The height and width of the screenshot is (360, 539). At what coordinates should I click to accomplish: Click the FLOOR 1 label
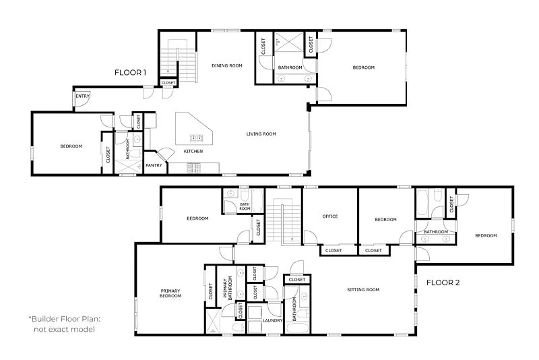[x=130, y=73]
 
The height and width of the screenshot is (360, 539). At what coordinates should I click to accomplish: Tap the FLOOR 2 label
[x=443, y=282]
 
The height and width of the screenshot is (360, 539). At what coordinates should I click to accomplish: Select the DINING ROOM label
[x=227, y=65]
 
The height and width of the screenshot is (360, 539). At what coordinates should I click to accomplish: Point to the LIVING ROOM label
[x=261, y=133]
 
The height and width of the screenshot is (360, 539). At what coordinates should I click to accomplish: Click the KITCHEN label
[x=193, y=151]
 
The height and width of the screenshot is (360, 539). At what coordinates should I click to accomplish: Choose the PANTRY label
[x=154, y=165]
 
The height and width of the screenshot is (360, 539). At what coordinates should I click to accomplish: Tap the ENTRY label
[x=82, y=96]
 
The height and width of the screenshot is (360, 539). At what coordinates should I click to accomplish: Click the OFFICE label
[x=330, y=216]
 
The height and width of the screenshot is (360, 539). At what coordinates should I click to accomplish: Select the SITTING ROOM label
[x=363, y=290]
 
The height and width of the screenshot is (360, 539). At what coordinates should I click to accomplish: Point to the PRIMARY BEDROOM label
[x=170, y=293]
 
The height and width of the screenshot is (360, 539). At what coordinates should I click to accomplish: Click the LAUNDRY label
[x=273, y=320]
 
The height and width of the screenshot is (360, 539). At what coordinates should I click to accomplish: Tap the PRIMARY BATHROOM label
[x=228, y=287]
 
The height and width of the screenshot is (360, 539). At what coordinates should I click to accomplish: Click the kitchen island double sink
[x=197, y=138]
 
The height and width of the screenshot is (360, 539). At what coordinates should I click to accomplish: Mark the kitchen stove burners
[x=194, y=168]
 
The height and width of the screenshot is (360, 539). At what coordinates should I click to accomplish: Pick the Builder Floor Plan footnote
[x=64, y=324]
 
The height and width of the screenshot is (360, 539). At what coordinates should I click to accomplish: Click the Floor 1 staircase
[x=179, y=61]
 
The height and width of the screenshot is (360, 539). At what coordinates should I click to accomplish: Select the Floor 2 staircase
[x=284, y=224]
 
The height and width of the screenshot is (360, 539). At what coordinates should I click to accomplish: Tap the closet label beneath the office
[x=334, y=250]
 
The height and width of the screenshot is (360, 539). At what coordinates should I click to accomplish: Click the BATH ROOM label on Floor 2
[x=245, y=206]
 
